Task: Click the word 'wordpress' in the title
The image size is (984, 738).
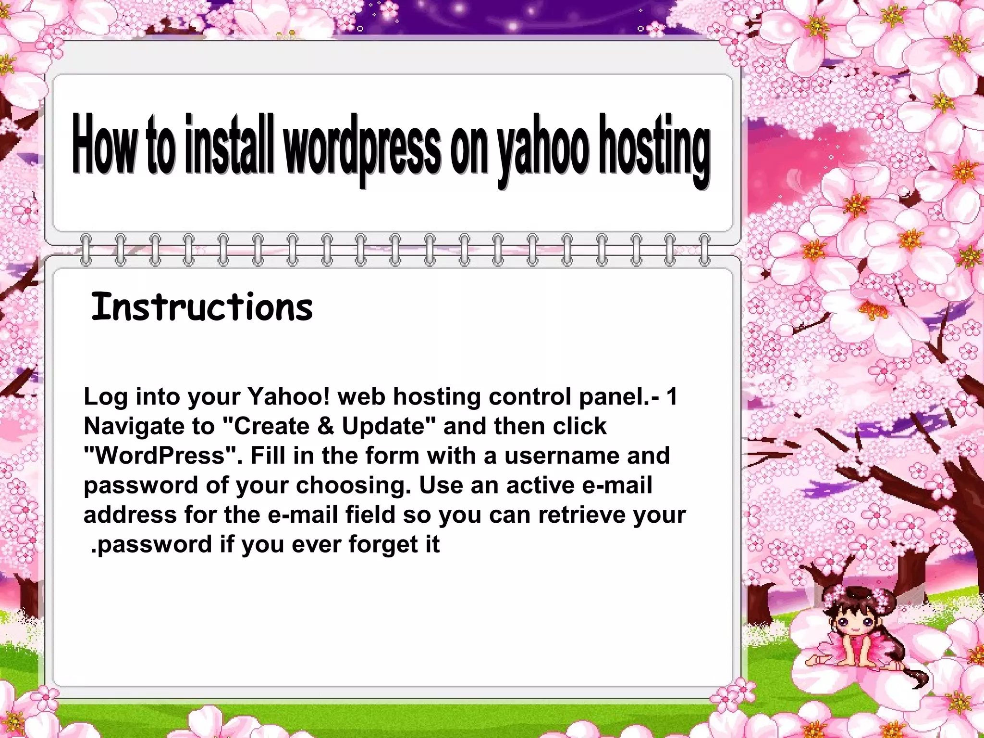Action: click(x=361, y=147)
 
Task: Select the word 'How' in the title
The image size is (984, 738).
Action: click(x=103, y=144)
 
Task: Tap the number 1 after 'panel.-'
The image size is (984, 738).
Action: click(x=672, y=397)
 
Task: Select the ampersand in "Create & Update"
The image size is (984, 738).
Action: click(x=325, y=426)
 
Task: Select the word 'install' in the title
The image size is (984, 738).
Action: click(x=229, y=144)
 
